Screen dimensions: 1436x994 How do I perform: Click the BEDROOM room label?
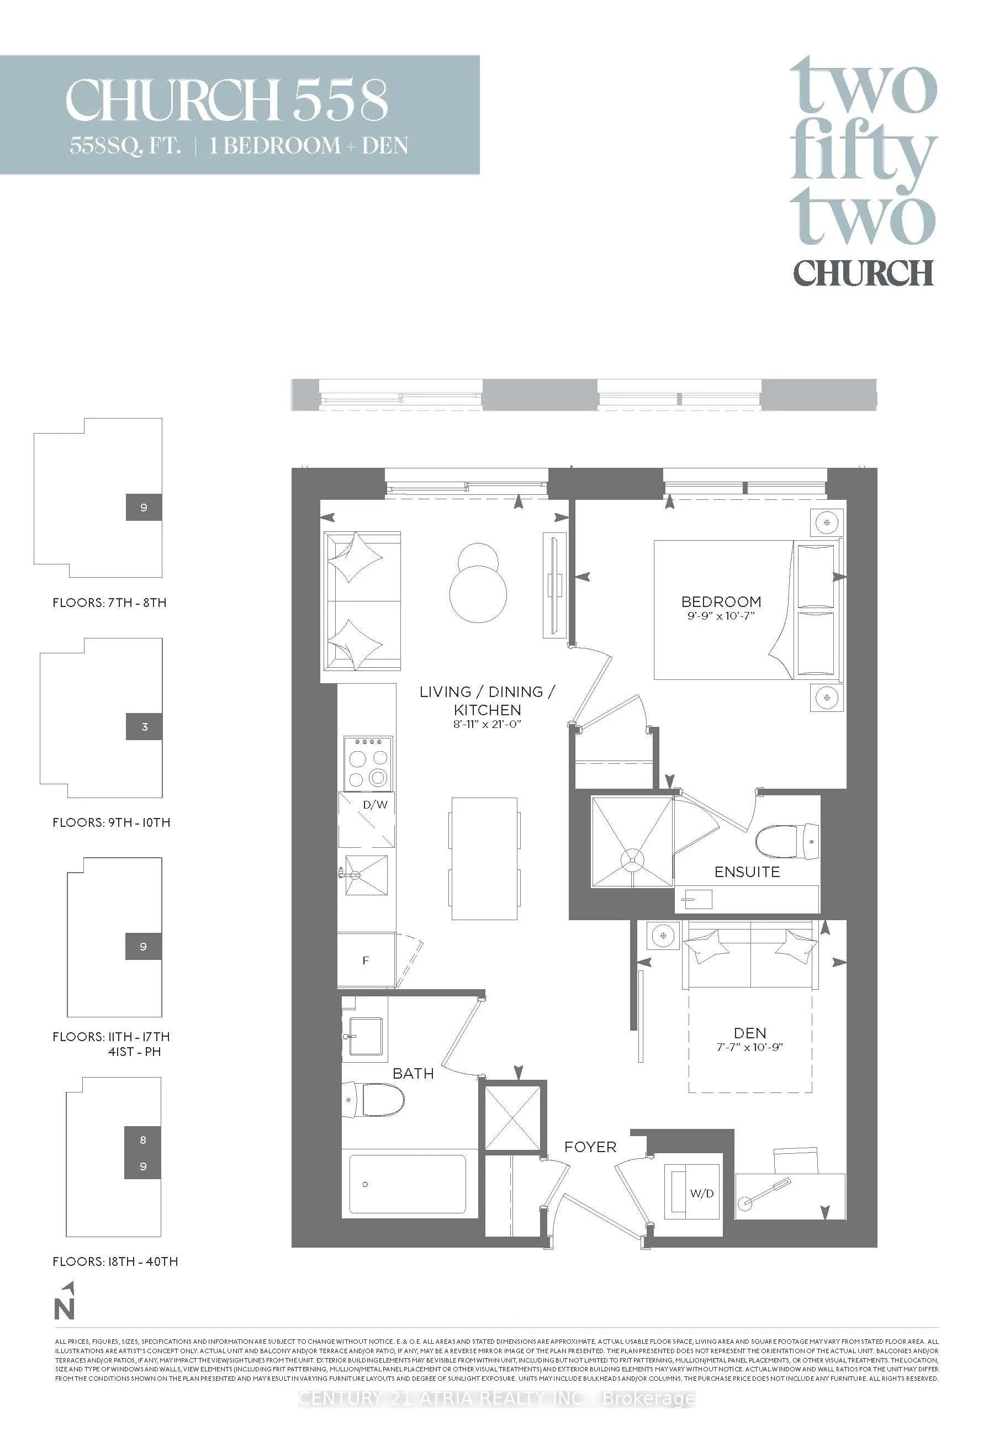click(721, 601)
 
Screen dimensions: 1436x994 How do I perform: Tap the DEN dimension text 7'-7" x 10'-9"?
click(749, 1047)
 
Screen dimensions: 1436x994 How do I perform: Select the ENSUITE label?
click(747, 872)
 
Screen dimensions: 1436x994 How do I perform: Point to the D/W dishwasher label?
click(375, 805)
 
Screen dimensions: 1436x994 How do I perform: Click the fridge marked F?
click(366, 960)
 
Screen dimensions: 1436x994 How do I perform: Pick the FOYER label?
click(590, 1147)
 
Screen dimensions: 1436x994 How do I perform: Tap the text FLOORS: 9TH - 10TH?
click(112, 822)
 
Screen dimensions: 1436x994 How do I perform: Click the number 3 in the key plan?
click(145, 727)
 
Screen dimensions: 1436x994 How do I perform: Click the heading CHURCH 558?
click(227, 99)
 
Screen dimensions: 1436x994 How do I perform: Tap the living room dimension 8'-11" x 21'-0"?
click(487, 724)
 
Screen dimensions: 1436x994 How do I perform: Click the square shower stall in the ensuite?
click(632, 842)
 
